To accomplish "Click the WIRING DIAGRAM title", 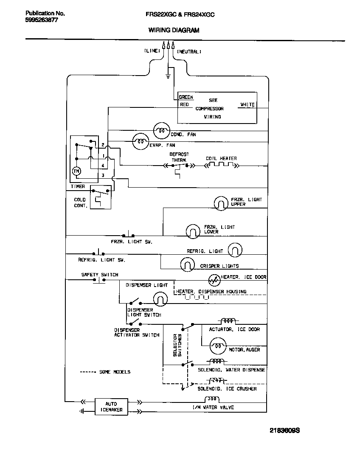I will [174, 30].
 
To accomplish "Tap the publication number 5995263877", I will [41, 20].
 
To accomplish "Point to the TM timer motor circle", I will [76, 171].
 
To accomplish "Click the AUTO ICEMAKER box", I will [111, 407].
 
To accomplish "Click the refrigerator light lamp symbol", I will [235, 250].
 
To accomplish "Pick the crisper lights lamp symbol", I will [187, 265].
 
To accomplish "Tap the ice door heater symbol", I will [214, 280].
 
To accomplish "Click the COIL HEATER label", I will [221, 158].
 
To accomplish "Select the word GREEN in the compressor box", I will [186, 97].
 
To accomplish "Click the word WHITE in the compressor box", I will [247, 104].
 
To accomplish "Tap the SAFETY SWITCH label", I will [100, 275].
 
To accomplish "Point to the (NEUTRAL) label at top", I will [189, 51].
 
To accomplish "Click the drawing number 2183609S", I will [285, 430].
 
